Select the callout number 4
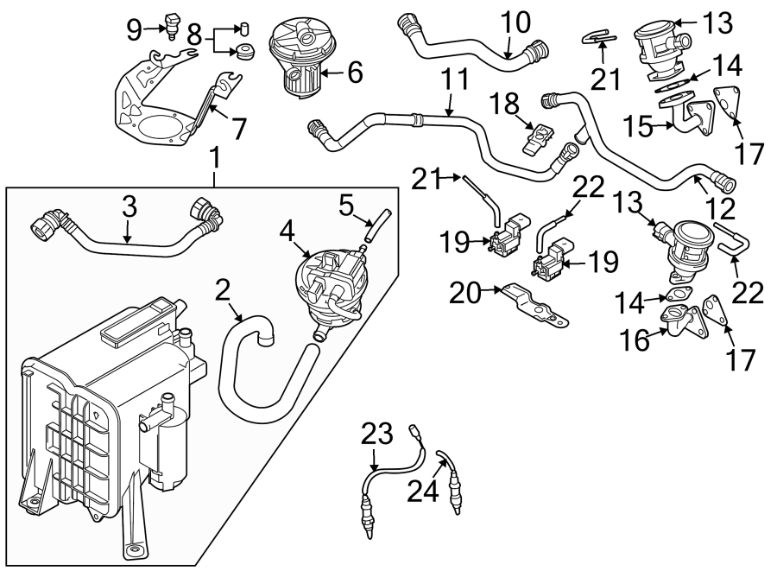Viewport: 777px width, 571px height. point(287,231)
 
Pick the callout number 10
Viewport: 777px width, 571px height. point(517,24)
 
